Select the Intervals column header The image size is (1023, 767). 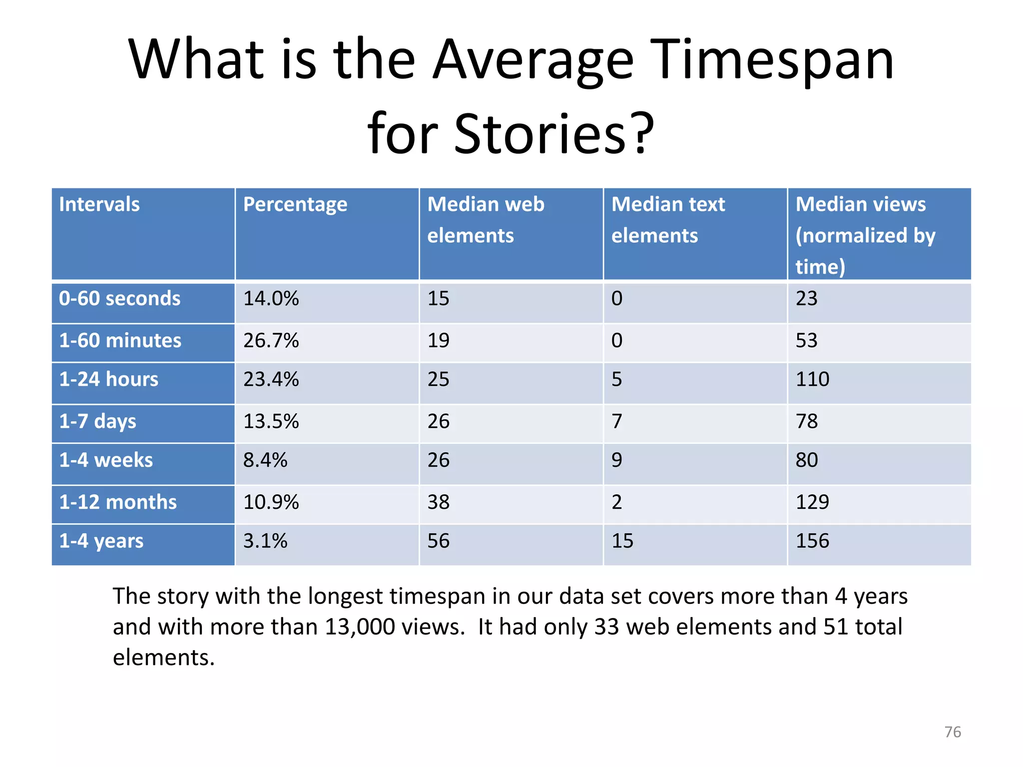[x=99, y=205]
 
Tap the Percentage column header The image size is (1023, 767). [x=295, y=205]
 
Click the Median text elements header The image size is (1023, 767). [x=668, y=220]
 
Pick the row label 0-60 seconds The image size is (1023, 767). [x=120, y=299]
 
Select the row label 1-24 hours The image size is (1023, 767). [x=109, y=380]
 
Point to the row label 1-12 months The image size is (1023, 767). [x=118, y=502]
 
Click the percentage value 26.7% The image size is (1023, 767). [x=271, y=341]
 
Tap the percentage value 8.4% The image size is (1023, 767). [x=265, y=460]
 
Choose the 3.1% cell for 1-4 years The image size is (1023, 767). [x=265, y=541]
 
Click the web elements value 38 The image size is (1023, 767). [x=438, y=502]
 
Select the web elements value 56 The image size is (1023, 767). [x=438, y=541]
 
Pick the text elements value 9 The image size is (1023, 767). [x=617, y=460]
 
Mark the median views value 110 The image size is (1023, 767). [x=812, y=380]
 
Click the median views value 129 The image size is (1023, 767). [x=812, y=502]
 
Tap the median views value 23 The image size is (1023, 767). [x=806, y=299]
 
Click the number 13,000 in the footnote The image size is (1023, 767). [x=360, y=627]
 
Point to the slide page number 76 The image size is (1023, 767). [x=953, y=732]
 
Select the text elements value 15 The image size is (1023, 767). [x=622, y=541]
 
